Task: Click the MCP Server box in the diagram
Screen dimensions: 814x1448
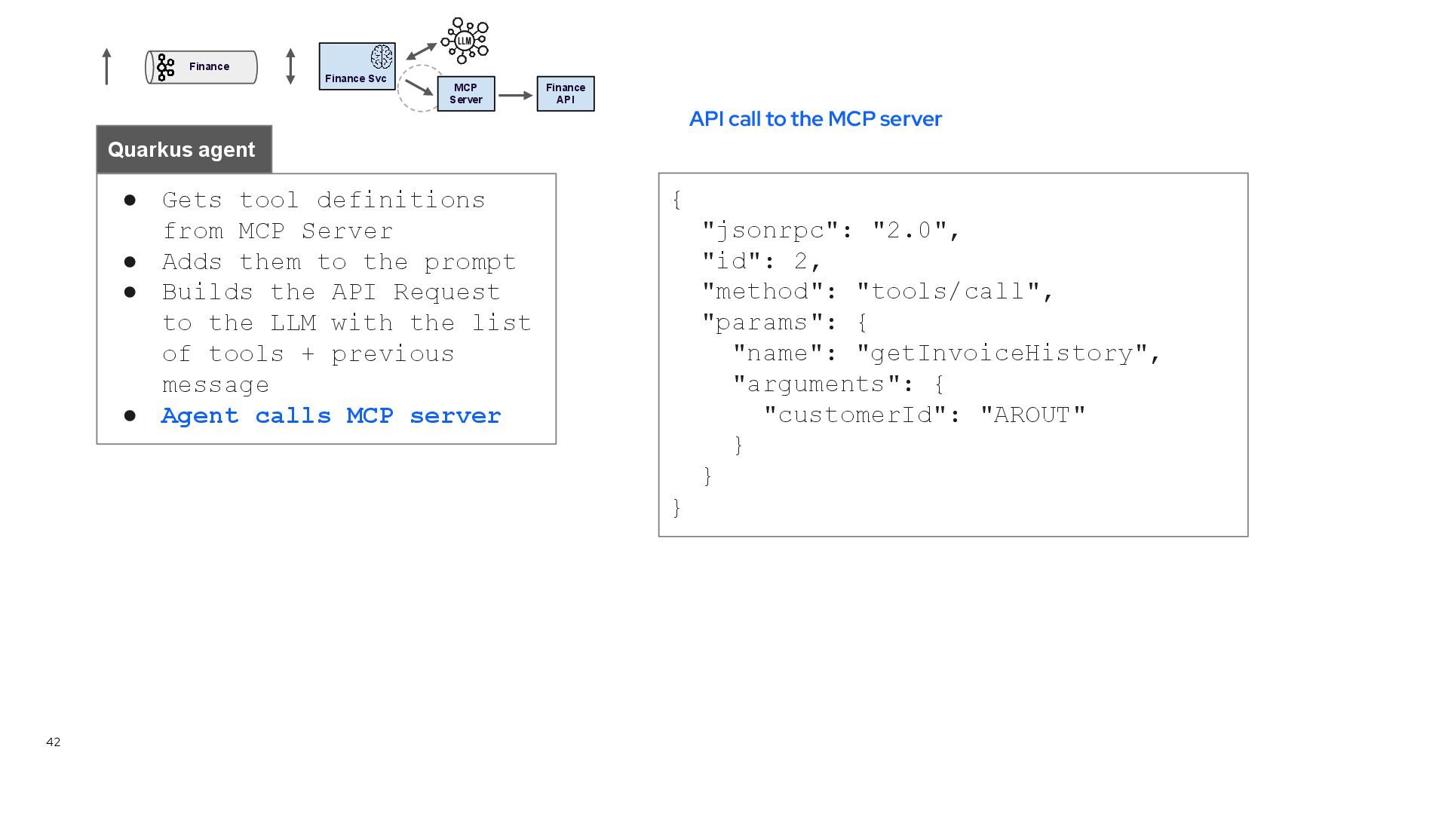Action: click(466, 93)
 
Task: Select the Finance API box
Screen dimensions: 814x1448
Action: click(566, 93)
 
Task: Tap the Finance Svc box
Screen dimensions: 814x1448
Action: click(357, 67)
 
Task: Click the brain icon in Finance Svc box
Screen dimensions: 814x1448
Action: click(382, 57)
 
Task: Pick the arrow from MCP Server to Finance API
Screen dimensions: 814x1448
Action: click(515, 95)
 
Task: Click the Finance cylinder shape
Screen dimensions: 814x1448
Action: click(201, 67)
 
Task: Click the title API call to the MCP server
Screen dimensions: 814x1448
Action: click(815, 119)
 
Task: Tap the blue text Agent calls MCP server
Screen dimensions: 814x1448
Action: click(331, 415)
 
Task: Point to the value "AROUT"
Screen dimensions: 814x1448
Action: click(1032, 415)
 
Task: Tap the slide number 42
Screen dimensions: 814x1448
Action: click(53, 742)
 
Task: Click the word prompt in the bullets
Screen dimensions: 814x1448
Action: click(470, 262)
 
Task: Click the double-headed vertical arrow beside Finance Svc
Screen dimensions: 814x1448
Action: click(290, 66)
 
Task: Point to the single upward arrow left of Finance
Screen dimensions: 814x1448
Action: click(106, 66)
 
